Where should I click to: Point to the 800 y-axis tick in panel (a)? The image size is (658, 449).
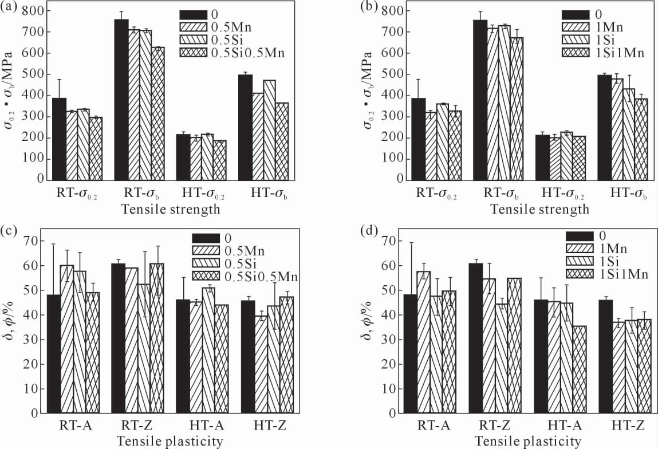click(36, 11)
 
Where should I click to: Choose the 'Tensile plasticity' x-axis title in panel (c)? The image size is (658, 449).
click(170, 441)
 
